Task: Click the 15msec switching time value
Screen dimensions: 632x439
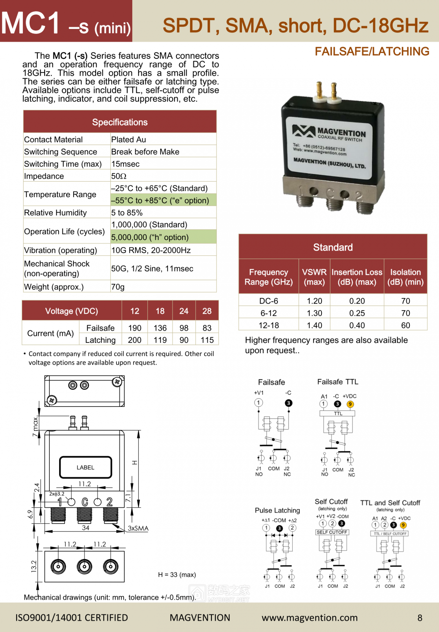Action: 125,164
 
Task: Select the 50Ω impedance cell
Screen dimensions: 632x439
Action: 119,176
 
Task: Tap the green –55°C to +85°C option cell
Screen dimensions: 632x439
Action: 160,200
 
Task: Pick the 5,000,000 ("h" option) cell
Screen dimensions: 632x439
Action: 150,237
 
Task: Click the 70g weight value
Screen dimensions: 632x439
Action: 118,287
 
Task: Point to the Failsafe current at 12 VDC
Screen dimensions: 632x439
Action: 135,328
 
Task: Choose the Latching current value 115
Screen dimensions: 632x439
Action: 207,340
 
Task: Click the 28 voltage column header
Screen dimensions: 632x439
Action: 207,311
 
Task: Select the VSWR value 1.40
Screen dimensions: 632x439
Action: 314,325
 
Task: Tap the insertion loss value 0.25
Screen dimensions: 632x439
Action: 357,313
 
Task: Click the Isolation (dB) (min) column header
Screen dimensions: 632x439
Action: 405,277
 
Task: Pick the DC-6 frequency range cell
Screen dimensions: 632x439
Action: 268,301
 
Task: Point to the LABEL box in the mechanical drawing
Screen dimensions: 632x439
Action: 86,468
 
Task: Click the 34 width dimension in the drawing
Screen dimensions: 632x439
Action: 86,528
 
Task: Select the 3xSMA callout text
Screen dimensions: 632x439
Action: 138,528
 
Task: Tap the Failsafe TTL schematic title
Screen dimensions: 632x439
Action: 338,382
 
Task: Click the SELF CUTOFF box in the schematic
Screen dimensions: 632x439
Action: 332,532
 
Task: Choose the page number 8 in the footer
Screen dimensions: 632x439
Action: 420,618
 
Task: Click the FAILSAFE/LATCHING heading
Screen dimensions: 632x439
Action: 372,52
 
